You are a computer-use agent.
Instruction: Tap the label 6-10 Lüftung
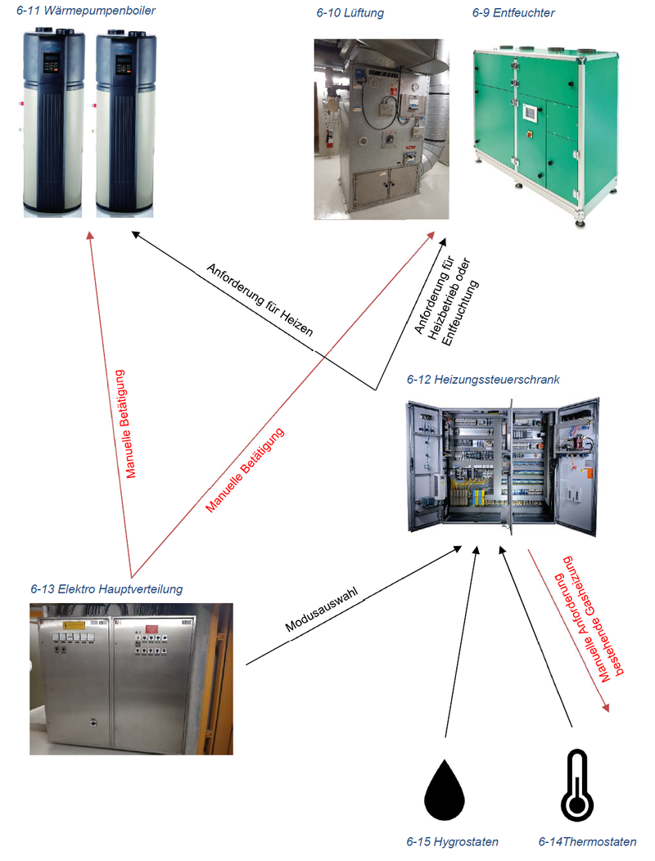[x=350, y=13]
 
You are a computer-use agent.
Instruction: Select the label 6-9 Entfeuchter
[x=513, y=13]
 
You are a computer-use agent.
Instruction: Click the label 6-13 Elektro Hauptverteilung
[x=106, y=589]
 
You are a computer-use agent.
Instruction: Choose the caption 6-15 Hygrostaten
[x=452, y=841]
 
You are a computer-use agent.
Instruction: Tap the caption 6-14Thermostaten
[x=587, y=841]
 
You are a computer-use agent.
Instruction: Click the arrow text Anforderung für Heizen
[x=260, y=300]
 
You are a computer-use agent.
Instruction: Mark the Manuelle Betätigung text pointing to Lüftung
[x=246, y=471]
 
